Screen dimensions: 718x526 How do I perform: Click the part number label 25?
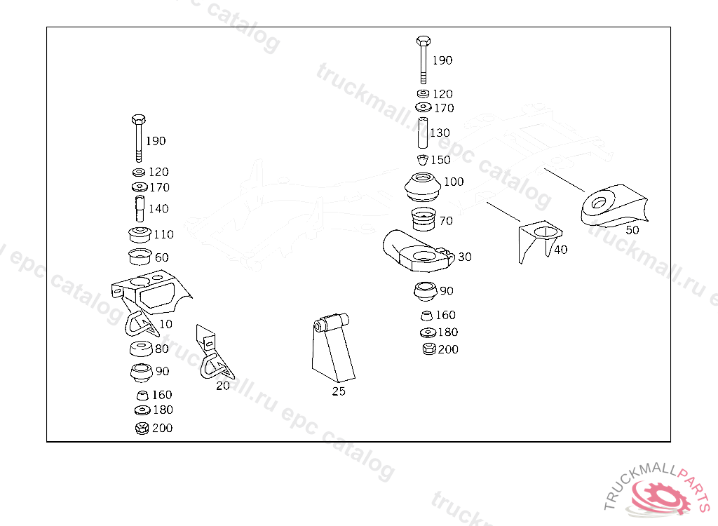339,391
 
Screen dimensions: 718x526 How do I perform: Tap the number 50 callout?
632,229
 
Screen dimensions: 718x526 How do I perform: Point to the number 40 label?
560,249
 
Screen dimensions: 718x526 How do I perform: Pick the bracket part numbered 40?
537,238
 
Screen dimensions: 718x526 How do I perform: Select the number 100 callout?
454,182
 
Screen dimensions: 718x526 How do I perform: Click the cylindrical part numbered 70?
423,220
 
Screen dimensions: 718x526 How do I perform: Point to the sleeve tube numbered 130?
423,133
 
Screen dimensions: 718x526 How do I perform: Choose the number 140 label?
158,208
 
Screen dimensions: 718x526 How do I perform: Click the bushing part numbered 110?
140,235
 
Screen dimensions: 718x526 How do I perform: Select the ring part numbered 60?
140,257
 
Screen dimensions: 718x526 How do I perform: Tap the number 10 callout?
165,324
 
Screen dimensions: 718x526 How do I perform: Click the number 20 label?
222,385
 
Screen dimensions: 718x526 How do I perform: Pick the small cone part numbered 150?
422,160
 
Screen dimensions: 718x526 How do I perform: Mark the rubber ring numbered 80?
142,349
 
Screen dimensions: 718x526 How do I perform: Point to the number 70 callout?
446,221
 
